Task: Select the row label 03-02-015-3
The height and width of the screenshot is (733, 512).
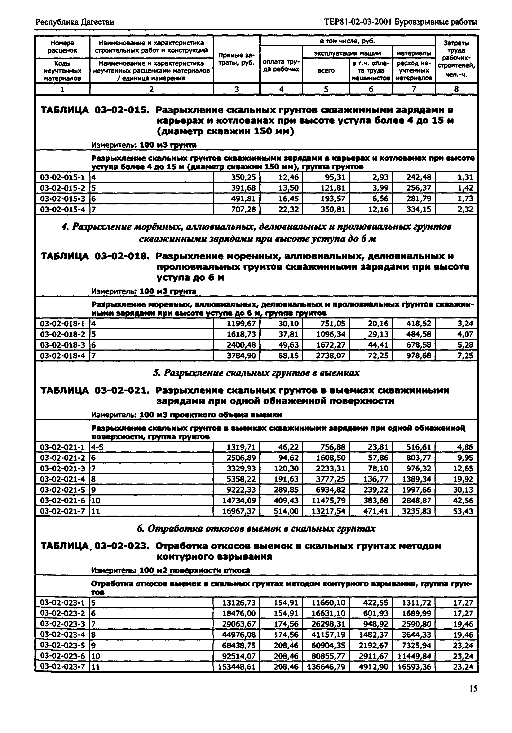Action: (x=62, y=199)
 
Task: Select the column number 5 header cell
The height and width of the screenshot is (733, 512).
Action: (x=326, y=89)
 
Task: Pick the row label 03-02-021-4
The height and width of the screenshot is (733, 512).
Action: (x=62, y=479)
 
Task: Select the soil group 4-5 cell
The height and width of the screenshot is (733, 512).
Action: (x=97, y=447)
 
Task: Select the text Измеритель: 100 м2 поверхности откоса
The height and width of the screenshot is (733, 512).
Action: (x=171, y=570)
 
